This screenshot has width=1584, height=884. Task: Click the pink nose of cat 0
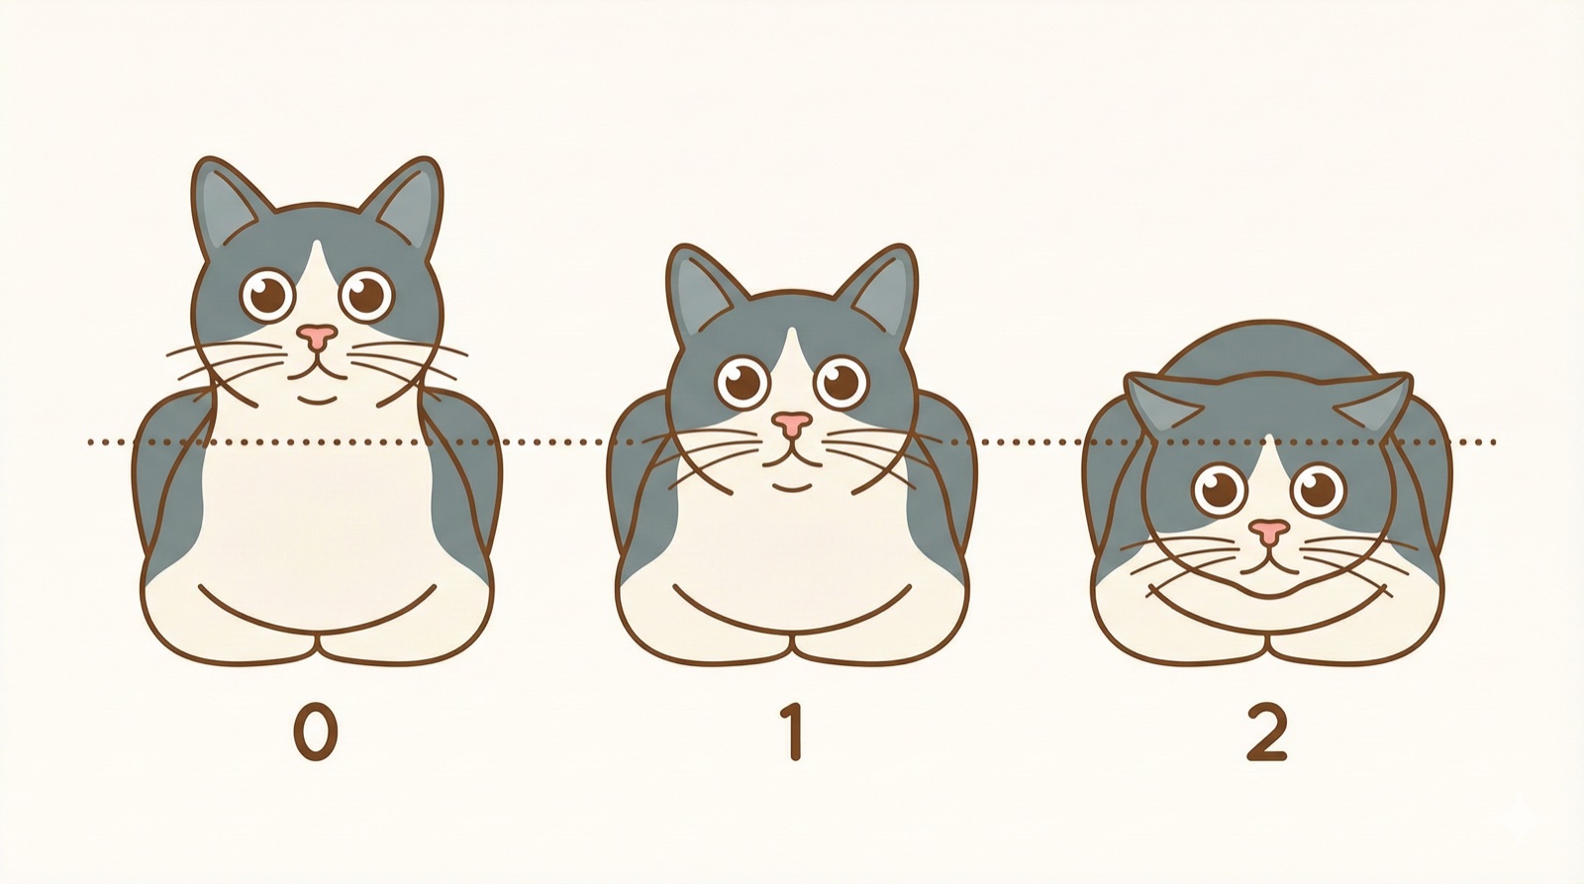pyautogui.click(x=317, y=337)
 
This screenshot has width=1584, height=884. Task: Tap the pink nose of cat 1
pyautogui.click(x=791, y=425)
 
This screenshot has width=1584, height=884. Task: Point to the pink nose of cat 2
pyautogui.click(x=1268, y=532)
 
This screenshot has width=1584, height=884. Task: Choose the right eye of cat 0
pyautogui.click(x=366, y=293)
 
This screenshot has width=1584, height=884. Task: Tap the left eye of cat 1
pyautogui.click(x=742, y=382)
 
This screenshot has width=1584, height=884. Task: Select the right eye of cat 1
pyautogui.click(x=841, y=381)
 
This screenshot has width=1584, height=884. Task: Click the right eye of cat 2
pyautogui.click(x=1318, y=488)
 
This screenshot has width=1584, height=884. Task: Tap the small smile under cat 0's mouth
pyautogui.click(x=317, y=399)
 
